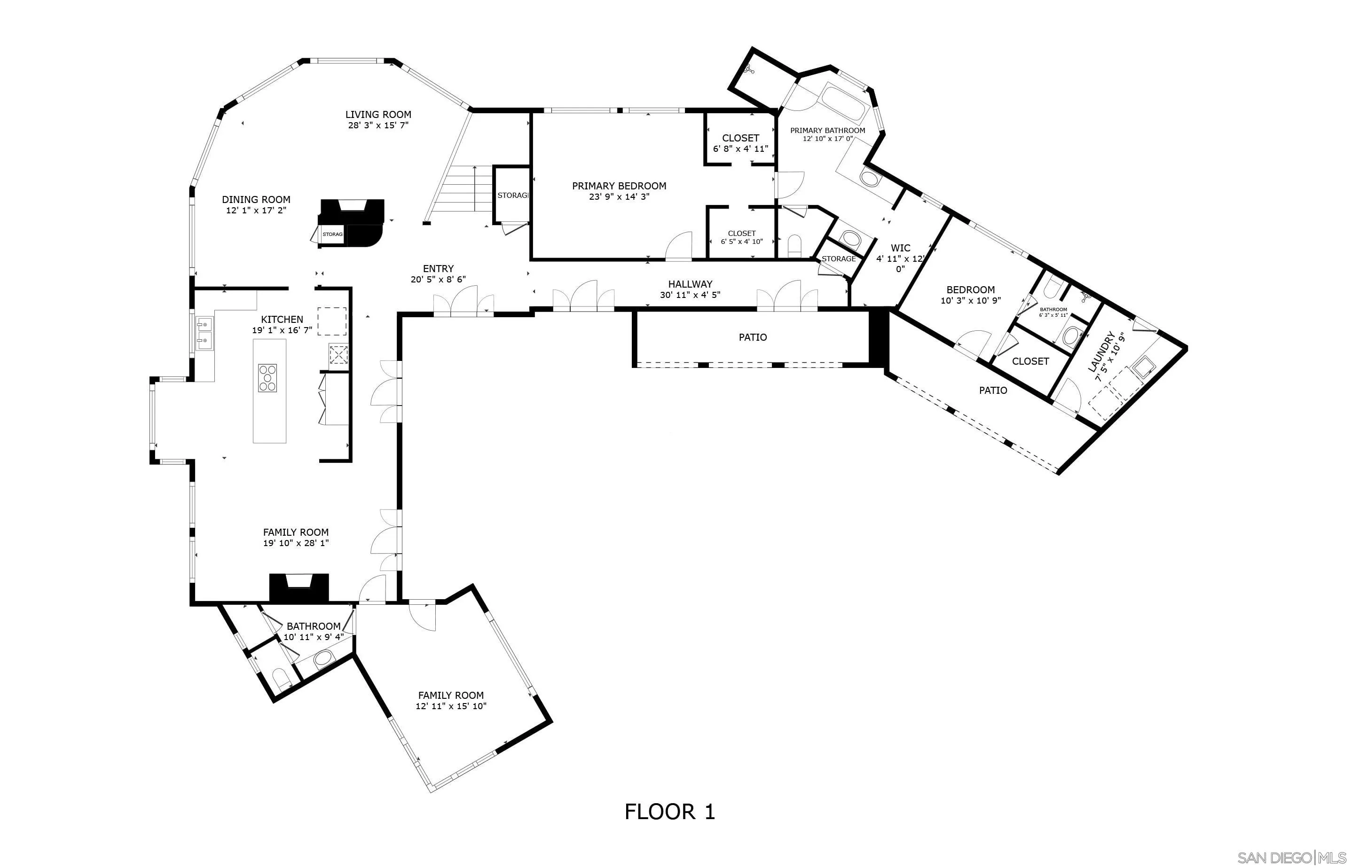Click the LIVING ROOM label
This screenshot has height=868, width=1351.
pyautogui.click(x=378, y=114)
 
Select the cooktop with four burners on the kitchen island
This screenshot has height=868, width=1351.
pyautogui.click(x=268, y=378)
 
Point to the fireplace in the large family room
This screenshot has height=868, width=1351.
pyautogui.click(x=298, y=587)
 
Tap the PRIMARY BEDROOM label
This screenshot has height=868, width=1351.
pyautogui.click(x=619, y=186)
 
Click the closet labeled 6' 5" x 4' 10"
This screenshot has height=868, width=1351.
pyautogui.click(x=741, y=237)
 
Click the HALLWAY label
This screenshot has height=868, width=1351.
pyautogui.click(x=690, y=284)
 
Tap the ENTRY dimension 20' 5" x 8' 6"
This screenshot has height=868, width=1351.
pyautogui.click(x=438, y=280)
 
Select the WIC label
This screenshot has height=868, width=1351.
pyautogui.click(x=900, y=248)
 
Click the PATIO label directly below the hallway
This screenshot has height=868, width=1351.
pyautogui.click(x=753, y=337)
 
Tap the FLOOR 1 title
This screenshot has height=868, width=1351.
pyautogui.click(x=669, y=812)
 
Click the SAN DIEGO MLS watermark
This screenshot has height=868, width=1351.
pyautogui.click(x=1290, y=857)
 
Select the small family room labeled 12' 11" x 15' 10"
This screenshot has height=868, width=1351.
pyautogui.click(x=450, y=700)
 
